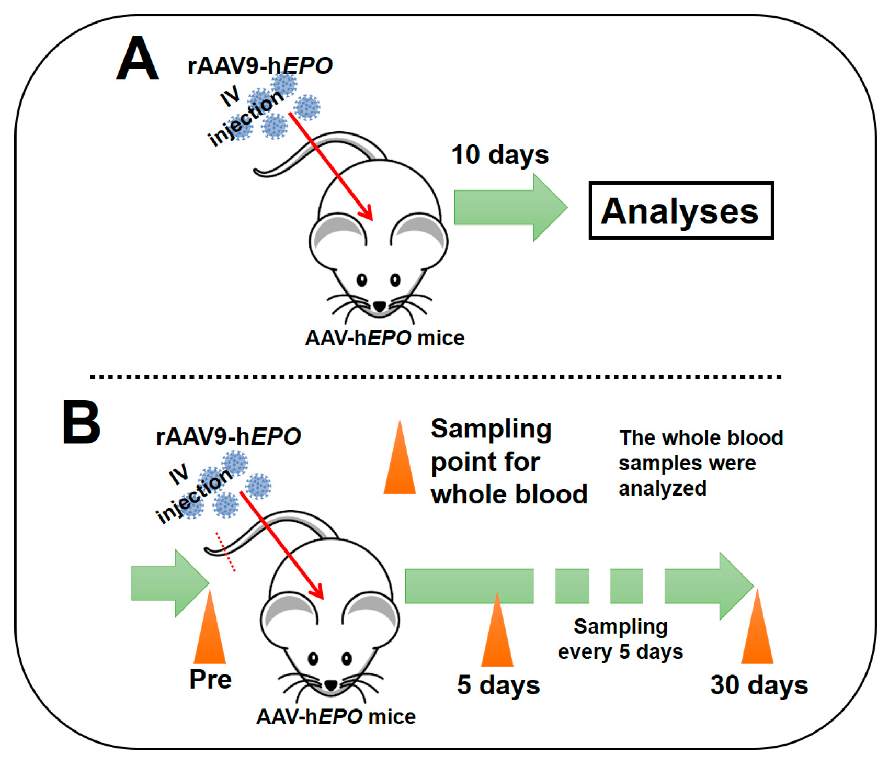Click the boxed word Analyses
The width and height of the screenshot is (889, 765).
pos(680,211)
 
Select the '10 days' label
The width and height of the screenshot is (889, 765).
pos(500,155)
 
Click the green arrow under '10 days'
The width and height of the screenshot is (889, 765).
pos(510,208)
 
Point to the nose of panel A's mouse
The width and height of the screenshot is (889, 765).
pos(379,306)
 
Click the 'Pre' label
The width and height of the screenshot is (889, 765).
pos(210,679)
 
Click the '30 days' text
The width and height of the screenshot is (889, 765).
pos(759,685)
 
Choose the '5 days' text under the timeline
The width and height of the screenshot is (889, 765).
pos(498,685)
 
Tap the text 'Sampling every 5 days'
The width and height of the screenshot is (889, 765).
pos(620,639)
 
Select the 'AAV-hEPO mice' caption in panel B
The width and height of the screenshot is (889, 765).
pos(336,716)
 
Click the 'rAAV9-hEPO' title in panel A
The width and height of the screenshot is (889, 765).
pos(260,66)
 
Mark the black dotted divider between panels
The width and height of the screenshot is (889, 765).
pos(435,376)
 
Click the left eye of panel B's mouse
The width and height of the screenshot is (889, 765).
pos(313,659)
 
